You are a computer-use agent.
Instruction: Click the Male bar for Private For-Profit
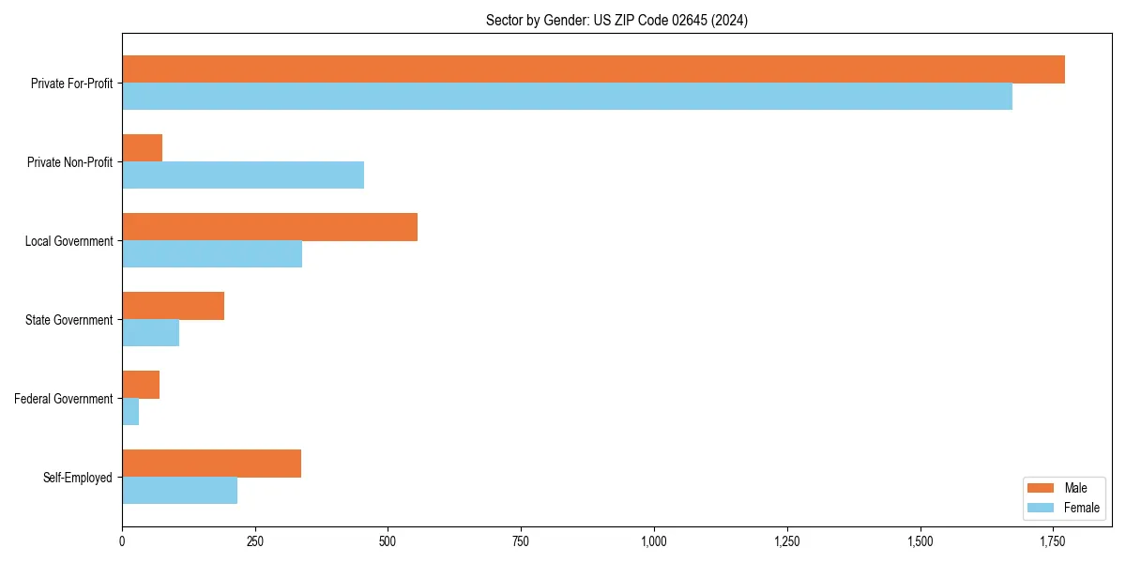pos(593,69)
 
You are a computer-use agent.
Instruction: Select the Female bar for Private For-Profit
pos(567,97)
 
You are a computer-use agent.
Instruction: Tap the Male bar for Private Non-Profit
pos(142,148)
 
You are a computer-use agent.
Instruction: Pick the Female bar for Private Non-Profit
pos(243,175)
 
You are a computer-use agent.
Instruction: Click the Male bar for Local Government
pos(269,227)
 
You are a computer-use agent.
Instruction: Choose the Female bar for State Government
pos(150,333)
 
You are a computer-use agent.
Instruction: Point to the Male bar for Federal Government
pos(141,385)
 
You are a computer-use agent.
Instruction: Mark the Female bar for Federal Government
pos(130,412)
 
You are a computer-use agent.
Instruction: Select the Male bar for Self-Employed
pos(211,464)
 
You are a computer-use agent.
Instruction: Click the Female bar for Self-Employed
pos(179,491)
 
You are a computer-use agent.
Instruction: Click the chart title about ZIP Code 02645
pos(616,20)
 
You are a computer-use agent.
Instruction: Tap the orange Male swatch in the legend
pos(1042,488)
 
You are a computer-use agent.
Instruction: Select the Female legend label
pos(1081,508)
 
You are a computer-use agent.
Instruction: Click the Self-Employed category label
pos(78,478)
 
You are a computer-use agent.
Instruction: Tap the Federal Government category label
pos(64,399)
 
